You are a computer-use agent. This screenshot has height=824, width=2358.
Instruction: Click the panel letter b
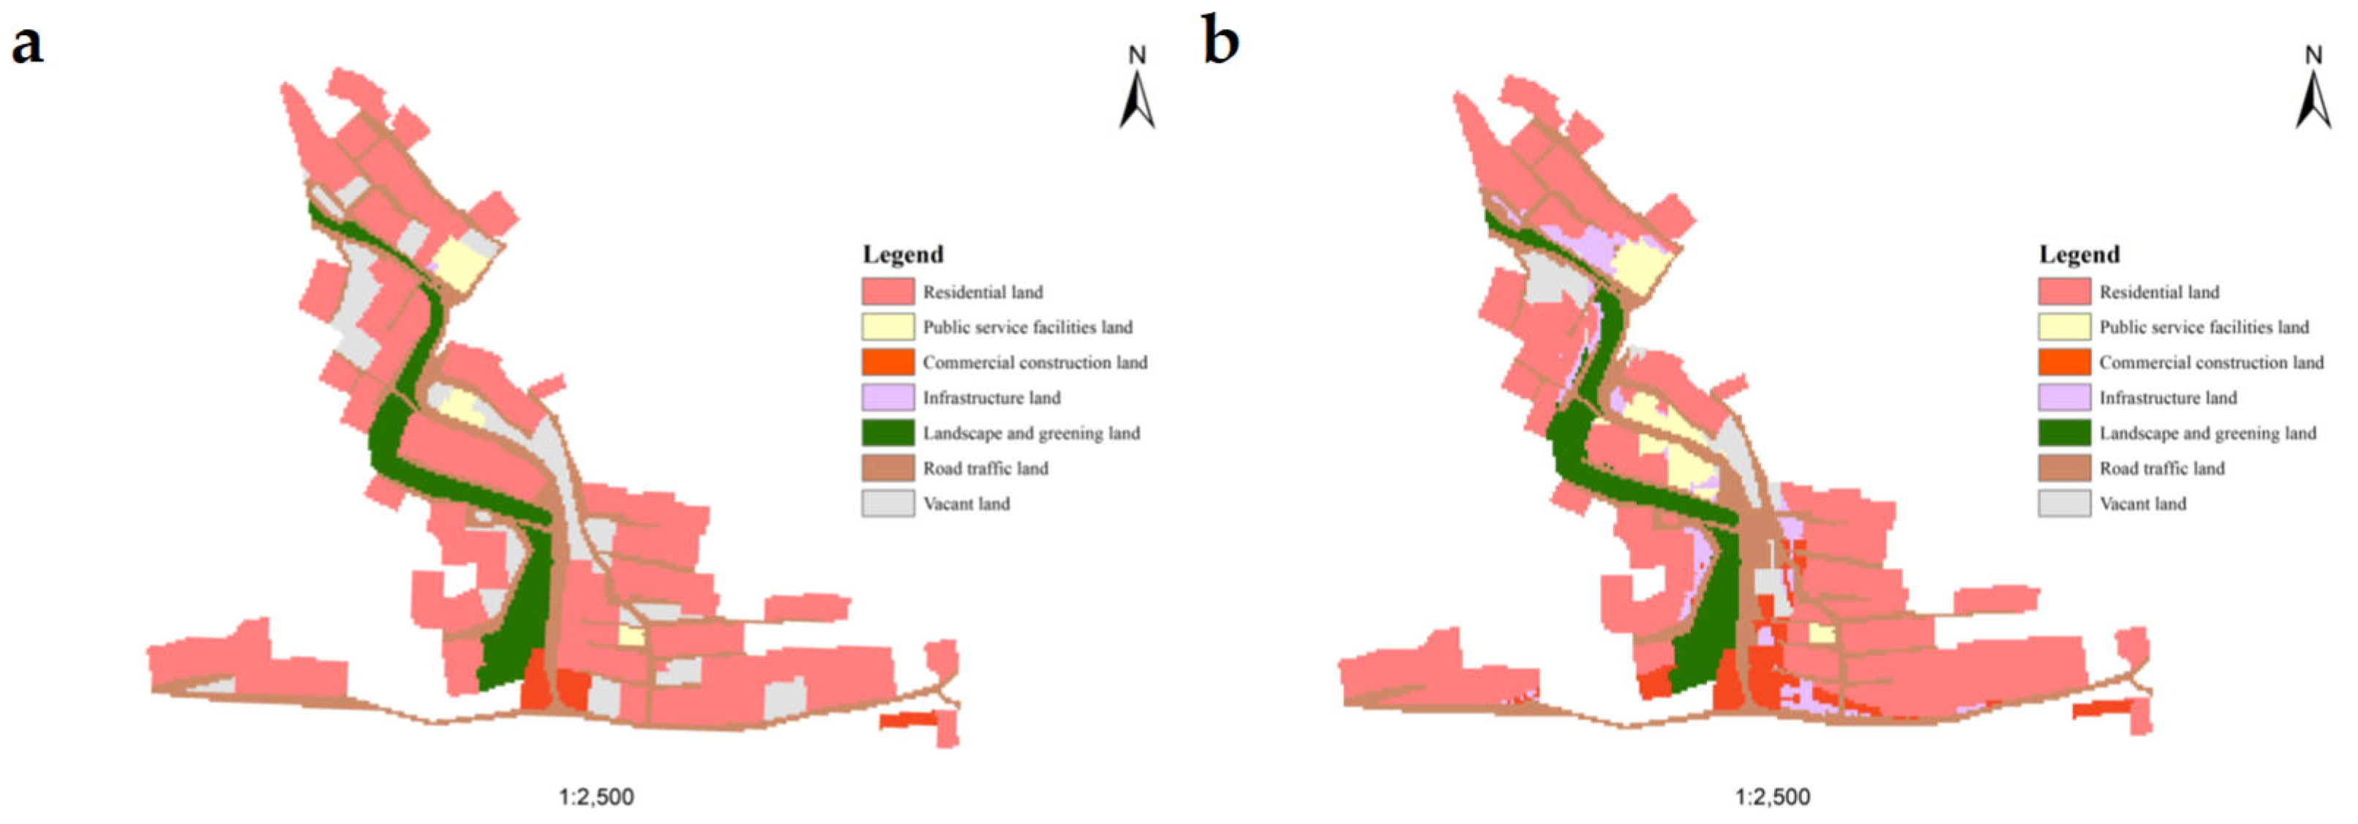[x=1220, y=42]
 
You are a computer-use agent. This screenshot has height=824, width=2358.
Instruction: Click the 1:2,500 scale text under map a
[x=596, y=796]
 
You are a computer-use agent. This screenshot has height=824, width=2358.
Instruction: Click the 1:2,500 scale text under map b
[x=1772, y=796]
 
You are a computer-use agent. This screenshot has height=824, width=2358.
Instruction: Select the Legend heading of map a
[x=903, y=255]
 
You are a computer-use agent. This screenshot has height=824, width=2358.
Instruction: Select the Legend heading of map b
[x=2079, y=255]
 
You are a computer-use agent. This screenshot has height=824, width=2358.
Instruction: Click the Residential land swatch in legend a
[x=887, y=292]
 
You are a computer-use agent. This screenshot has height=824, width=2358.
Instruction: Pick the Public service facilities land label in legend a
[x=1027, y=327]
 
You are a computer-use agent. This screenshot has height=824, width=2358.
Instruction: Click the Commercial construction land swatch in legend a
[x=887, y=362]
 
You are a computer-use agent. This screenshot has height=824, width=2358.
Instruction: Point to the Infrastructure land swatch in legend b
[x=2063, y=397]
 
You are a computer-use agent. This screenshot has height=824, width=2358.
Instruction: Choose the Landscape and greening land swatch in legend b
[x=2063, y=433]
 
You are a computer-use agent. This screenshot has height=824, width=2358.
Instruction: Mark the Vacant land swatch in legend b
[x=2063, y=503]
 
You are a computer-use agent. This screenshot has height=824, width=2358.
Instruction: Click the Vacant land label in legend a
[x=966, y=503]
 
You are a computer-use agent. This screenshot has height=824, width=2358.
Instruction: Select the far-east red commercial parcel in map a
[x=908, y=719]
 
